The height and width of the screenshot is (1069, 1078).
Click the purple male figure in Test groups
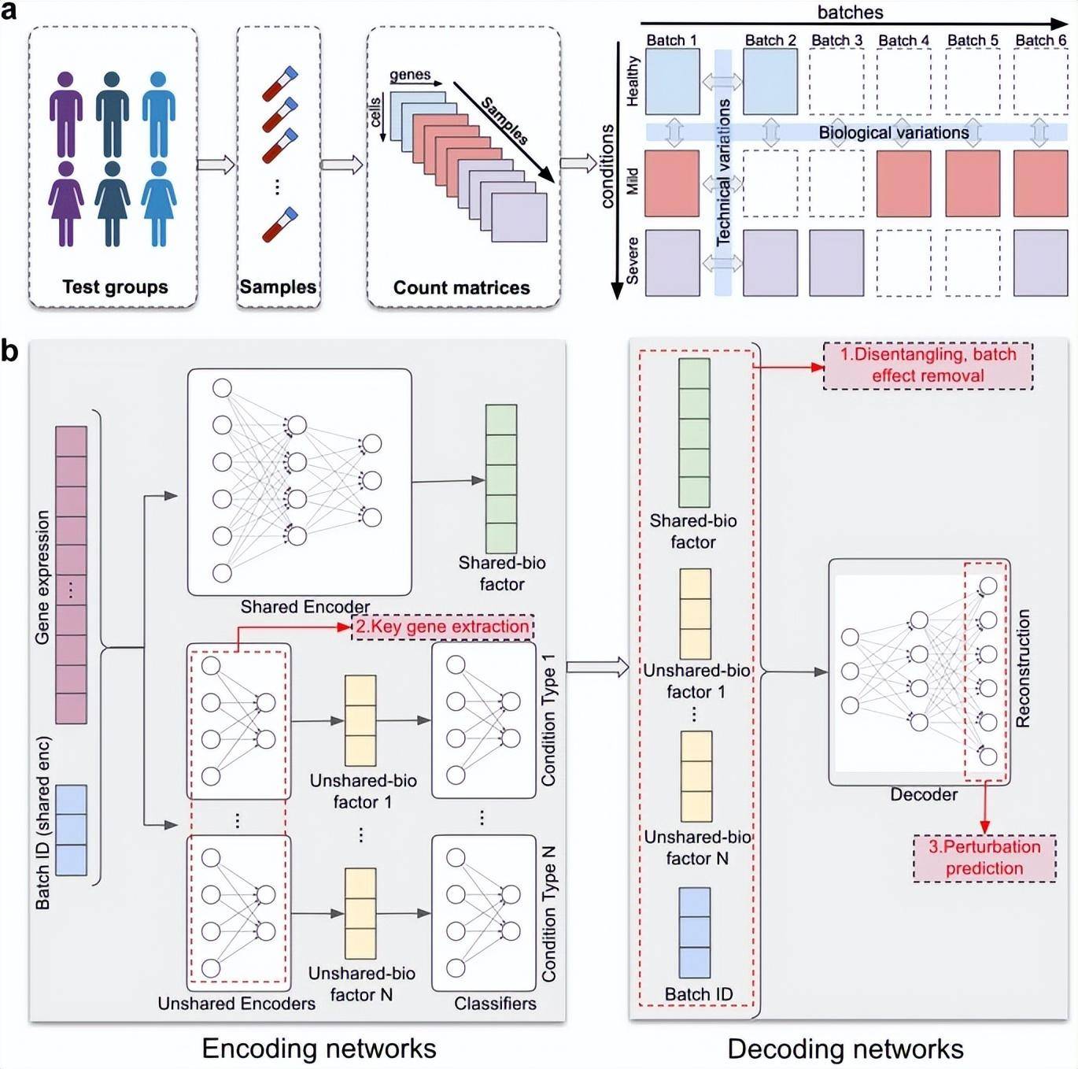pos(66,115)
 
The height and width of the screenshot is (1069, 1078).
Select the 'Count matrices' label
pos(461,288)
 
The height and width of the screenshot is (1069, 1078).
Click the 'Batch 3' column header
pos(836,40)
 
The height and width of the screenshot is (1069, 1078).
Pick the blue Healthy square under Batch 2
pos(770,82)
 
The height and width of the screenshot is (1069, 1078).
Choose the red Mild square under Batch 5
pos(973,183)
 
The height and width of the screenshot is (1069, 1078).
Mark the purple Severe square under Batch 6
pos(1040,263)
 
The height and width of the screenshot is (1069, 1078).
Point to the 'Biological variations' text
pos(894,133)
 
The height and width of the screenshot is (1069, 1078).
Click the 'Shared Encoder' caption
pos(305,607)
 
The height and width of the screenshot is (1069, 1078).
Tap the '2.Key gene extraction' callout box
pos(443,627)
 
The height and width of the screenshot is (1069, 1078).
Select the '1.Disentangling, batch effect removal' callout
pos(928,365)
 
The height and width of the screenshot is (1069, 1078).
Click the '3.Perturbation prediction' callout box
pos(984,858)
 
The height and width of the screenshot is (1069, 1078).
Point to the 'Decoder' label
pos(924,795)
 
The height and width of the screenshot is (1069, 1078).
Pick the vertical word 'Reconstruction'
pos(1023,668)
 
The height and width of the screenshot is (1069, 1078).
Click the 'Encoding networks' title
pos(319,1049)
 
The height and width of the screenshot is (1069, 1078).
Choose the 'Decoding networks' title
pos(845,1049)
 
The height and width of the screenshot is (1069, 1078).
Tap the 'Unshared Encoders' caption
pos(236,1004)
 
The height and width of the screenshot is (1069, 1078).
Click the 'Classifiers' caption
pos(495,1004)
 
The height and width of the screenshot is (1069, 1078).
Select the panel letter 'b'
pos(9,351)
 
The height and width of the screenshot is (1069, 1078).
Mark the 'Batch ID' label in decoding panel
pos(698,994)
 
